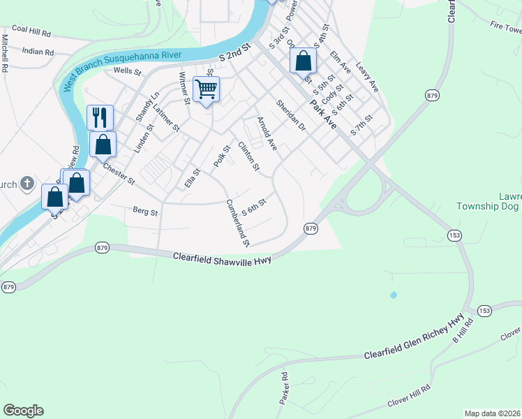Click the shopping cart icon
pos(206,89)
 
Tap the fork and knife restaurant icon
pos(100,117)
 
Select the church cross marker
pos(27,184)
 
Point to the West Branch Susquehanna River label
pos(122,65)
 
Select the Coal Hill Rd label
pos(31,31)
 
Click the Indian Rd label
pos(38,52)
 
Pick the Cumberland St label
pos(238,223)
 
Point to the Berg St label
pos(145,210)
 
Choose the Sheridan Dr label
pos(291,115)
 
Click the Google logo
pos(23,411)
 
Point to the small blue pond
pos(394,295)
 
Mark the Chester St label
pos(119,174)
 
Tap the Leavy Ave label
pos(366,77)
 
